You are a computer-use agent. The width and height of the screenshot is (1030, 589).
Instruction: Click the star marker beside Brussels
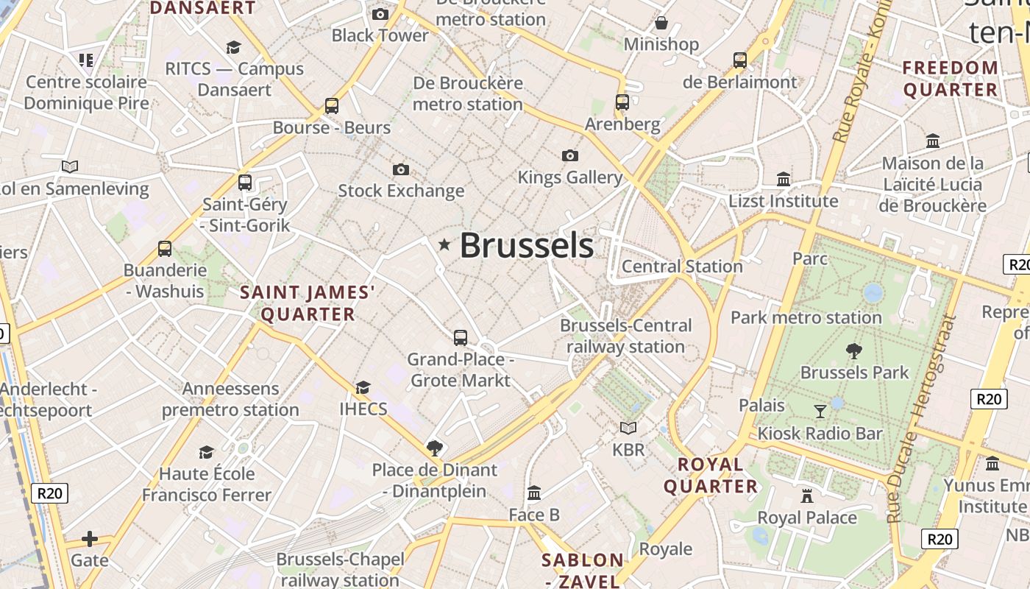coord(444,244)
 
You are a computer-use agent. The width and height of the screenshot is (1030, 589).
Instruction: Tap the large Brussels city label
coord(526,246)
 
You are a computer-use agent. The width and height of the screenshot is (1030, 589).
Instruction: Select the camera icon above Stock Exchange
coord(401,170)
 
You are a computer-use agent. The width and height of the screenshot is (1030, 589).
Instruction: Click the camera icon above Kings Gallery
coord(569,155)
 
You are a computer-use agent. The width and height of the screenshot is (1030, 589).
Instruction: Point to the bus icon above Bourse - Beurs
coord(332,106)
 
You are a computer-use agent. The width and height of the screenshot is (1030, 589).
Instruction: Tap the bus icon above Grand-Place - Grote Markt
coord(461,338)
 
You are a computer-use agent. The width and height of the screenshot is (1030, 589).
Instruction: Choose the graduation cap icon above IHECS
coord(363,387)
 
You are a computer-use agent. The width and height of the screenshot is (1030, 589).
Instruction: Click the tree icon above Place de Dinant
coord(435,448)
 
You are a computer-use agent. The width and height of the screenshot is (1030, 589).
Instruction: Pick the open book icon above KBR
coord(628,428)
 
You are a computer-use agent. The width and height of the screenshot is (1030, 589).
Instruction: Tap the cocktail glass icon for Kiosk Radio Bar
coord(820,412)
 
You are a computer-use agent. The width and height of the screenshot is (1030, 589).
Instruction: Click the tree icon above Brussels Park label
coord(854,350)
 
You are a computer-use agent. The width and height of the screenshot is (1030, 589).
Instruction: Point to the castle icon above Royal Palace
coord(807,495)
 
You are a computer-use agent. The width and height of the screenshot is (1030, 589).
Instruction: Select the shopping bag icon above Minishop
coord(661,23)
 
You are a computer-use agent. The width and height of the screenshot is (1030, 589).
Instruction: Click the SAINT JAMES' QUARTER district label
coord(308,303)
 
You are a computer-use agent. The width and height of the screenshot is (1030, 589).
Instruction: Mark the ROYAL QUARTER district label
coord(711,475)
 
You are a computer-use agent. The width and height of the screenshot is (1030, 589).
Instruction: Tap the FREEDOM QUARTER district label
coord(951,79)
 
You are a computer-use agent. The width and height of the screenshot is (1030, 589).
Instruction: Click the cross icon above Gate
coord(90,539)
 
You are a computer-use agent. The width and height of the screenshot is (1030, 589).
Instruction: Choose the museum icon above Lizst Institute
coord(784,179)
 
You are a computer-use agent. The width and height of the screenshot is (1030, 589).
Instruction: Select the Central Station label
coord(682,267)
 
